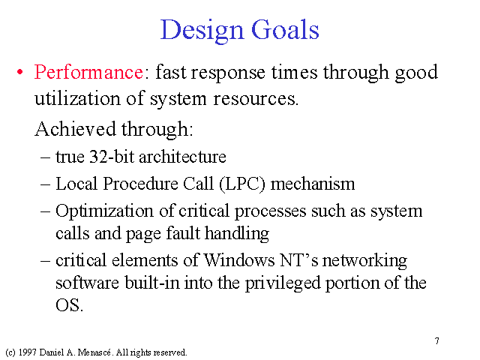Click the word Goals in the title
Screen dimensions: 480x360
[x=285, y=29]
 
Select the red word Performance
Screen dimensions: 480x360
[x=88, y=72]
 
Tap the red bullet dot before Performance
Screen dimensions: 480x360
[x=20, y=73]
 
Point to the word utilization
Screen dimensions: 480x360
[x=77, y=98]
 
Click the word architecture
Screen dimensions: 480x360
[x=182, y=157]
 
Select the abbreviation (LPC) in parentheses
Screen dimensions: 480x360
[x=242, y=184]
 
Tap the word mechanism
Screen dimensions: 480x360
[x=313, y=184]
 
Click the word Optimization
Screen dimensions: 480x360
[x=104, y=211]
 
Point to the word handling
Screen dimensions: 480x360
[x=237, y=233]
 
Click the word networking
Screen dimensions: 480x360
[x=364, y=261]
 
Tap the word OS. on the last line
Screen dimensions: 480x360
[x=69, y=305]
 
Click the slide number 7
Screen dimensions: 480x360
[x=437, y=341]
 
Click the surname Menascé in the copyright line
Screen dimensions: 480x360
[x=94, y=352]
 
